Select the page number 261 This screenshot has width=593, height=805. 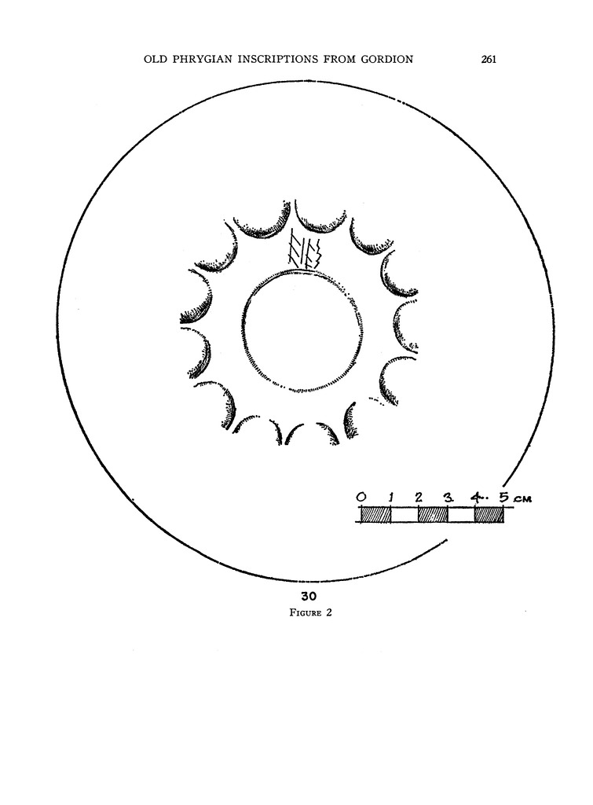(x=489, y=60)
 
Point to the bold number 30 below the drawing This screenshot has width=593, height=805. (x=309, y=596)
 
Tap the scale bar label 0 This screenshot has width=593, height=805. (x=361, y=497)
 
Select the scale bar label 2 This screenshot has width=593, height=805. (x=419, y=497)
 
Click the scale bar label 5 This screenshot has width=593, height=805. (x=505, y=497)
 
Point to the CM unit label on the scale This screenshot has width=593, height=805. (x=522, y=498)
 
